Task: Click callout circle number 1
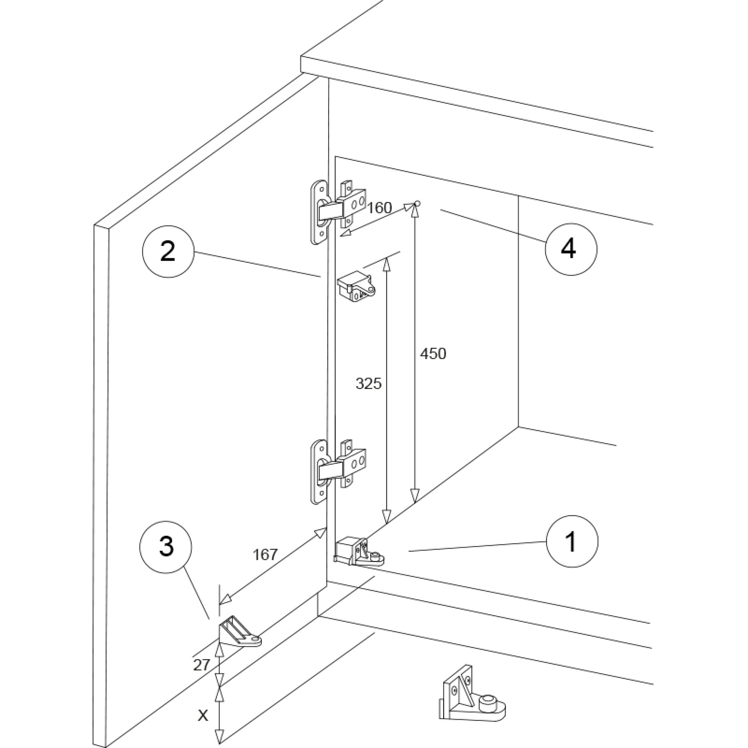coord(571,541)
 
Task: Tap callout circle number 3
coord(166,546)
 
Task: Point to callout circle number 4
coord(570,249)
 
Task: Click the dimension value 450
coord(433,354)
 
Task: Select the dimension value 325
coord(368,383)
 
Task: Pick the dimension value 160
coord(380,208)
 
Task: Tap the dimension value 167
coord(265,555)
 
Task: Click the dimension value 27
coord(201,665)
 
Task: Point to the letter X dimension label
coord(203,705)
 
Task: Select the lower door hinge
coord(339,470)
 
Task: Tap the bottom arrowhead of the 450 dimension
coord(414,497)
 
